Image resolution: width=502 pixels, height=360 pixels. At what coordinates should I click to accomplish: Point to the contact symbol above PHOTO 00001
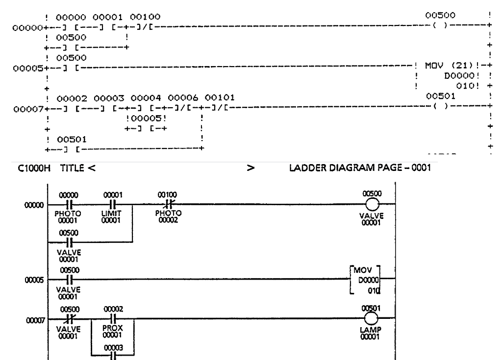click(x=69, y=204)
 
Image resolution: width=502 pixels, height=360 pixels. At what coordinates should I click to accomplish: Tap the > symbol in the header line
click(x=251, y=168)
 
